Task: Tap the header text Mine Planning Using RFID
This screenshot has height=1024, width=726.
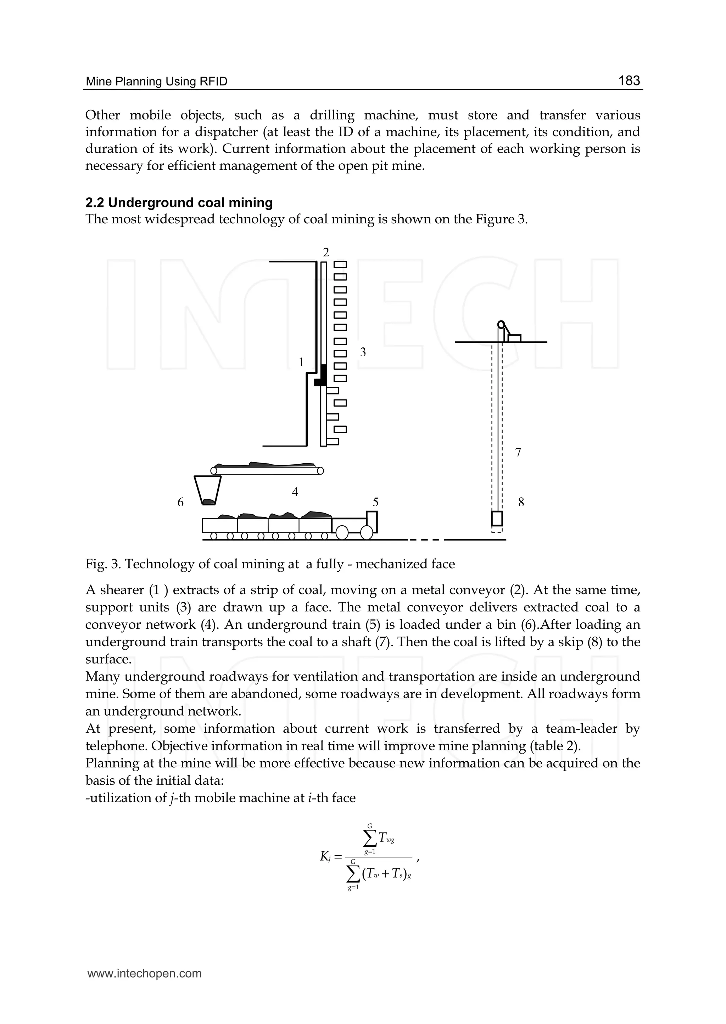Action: click(156, 82)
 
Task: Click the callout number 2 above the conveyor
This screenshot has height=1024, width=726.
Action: click(326, 252)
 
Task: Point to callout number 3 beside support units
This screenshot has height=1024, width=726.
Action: click(363, 352)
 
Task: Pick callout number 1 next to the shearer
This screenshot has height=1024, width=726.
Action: click(301, 362)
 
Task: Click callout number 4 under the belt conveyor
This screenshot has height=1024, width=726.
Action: click(295, 492)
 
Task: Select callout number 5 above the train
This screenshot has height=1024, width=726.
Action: click(375, 502)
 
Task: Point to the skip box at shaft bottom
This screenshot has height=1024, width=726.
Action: click(497, 519)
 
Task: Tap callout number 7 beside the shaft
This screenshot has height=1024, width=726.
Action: click(518, 452)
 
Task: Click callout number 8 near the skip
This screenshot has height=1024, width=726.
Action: click(521, 502)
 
